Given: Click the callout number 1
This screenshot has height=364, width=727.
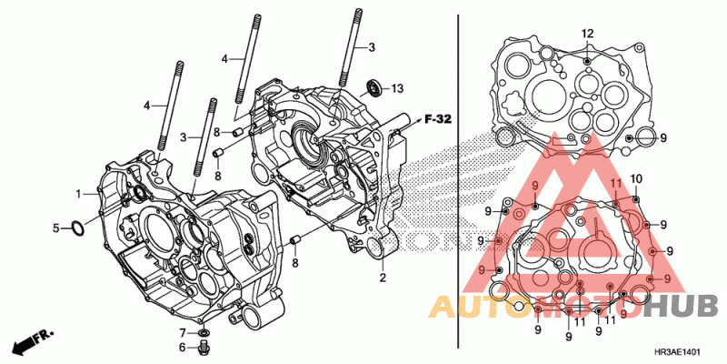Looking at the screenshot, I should click(79, 193).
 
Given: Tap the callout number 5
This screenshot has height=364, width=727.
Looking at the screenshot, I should click(55, 227).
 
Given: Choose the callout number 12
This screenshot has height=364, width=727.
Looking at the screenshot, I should click(587, 34).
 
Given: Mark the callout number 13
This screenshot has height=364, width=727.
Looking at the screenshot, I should click(397, 88).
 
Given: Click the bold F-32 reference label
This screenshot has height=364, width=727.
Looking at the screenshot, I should click(438, 118).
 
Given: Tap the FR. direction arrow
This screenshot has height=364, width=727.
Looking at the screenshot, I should click(28, 342).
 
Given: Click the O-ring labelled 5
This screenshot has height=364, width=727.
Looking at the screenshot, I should click(79, 228).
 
